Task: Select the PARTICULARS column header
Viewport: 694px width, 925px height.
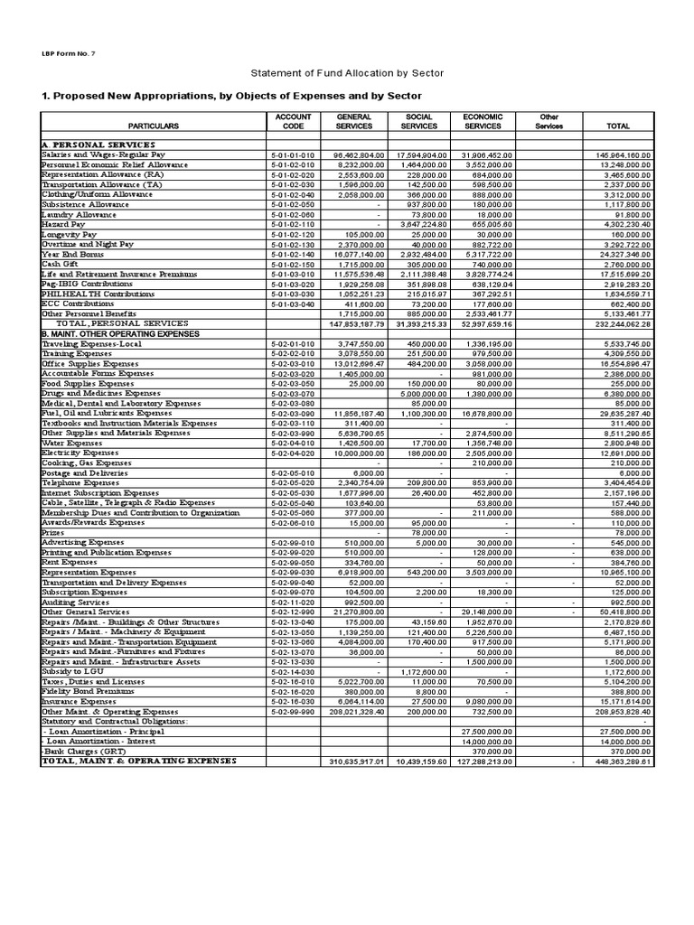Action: (153, 126)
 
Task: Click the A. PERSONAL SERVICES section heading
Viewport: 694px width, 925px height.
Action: (98, 145)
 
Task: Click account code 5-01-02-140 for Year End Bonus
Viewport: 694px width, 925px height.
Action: (293, 254)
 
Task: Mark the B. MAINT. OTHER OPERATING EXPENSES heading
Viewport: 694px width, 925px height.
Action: (121, 333)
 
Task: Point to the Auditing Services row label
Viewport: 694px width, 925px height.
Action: (75, 602)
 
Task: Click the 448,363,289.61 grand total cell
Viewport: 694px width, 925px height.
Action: (618, 761)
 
